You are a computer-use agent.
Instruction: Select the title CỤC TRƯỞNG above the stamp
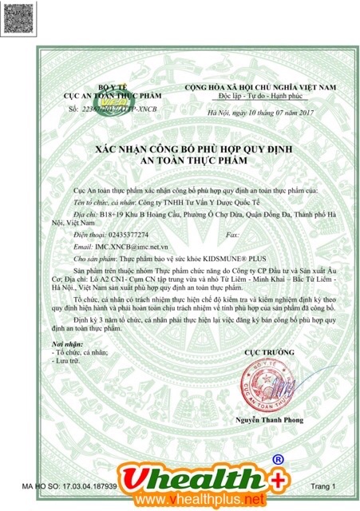coord(263,351)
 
